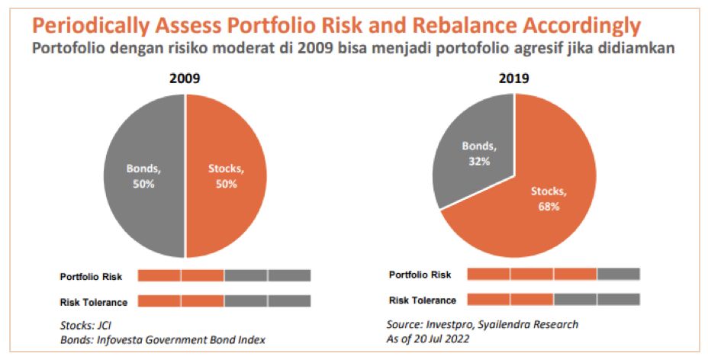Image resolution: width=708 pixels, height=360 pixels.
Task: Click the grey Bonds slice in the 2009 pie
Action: tap(145, 175)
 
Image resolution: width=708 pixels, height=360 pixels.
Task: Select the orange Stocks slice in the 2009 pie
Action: tap(227, 175)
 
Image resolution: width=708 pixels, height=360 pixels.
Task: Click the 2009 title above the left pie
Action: tap(185, 79)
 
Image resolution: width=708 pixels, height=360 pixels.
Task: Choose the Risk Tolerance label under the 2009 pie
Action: tap(93, 301)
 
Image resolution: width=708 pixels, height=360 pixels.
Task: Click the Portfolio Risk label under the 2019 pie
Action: tap(420, 275)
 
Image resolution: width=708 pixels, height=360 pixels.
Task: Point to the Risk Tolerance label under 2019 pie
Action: tap(423, 300)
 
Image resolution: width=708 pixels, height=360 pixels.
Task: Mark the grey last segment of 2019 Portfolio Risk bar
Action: tap(619, 274)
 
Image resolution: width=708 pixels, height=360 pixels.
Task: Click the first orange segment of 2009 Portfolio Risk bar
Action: tap(159, 275)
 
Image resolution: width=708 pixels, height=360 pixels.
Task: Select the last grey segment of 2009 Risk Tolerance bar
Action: tap(289, 301)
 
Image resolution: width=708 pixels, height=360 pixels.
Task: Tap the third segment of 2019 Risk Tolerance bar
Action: tap(575, 300)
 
